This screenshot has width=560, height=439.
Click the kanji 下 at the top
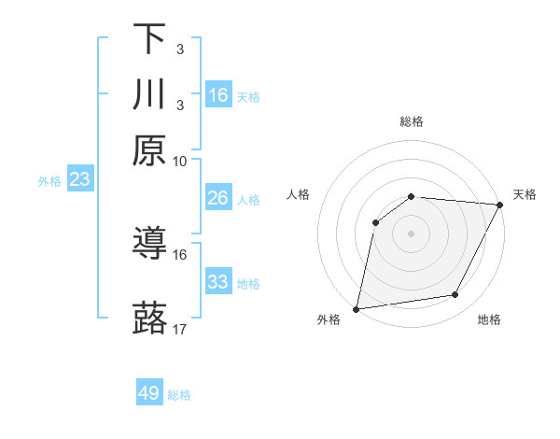[149, 39]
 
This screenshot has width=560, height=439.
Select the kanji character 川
[149, 95]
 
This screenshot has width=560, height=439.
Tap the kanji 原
[149, 150]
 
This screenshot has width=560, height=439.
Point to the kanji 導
[149, 245]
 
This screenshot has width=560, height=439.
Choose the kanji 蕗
[149, 319]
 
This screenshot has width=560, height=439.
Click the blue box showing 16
[218, 95]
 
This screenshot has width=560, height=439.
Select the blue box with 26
[218, 198]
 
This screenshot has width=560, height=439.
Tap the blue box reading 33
[218, 282]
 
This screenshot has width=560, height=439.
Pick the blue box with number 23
[79, 179]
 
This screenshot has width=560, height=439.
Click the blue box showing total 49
[149, 393]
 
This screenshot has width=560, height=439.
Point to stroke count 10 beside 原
[180, 161]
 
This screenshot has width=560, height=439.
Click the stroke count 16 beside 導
[180, 254]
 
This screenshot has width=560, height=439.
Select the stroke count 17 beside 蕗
[180, 329]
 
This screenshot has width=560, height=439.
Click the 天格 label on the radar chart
[525, 194]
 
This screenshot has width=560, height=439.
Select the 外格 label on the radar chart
[329, 320]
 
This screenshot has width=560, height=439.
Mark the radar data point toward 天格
[500, 205]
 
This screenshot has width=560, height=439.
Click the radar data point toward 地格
[455, 295]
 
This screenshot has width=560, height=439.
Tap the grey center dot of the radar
[411, 233]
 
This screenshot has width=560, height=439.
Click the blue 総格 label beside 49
[179, 395]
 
